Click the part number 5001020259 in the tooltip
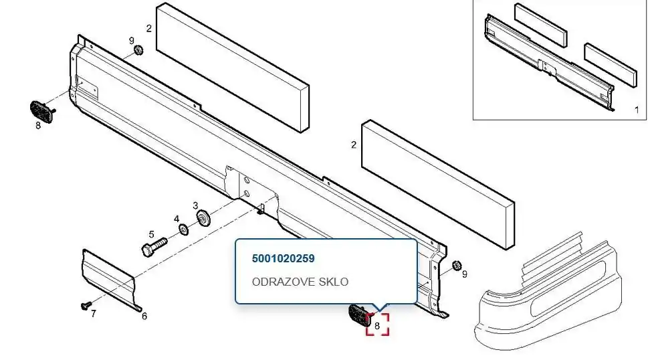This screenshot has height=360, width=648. [283, 259]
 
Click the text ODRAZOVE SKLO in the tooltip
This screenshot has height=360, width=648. [300, 282]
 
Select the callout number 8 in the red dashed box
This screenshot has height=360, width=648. [377, 326]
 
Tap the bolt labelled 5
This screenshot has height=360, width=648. [154, 247]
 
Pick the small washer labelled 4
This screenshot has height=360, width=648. [183, 229]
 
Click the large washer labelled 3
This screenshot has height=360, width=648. [204, 218]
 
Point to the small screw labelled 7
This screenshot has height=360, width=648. [86, 305]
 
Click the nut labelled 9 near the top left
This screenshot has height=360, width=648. [138, 50]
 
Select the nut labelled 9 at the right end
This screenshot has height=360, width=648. [456, 265]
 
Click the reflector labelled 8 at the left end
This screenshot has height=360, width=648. [41, 112]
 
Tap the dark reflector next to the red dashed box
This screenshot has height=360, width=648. [358, 315]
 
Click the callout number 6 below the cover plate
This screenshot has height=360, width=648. [144, 317]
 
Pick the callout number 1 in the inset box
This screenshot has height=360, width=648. [637, 110]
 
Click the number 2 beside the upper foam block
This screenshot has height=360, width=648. [148, 28]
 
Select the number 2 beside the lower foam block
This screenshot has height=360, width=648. [353, 145]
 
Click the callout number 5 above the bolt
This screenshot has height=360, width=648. [151, 235]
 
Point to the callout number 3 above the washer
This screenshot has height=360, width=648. [195, 205]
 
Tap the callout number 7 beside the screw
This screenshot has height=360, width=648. [94, 314]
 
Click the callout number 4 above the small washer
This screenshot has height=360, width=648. [177, 219]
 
